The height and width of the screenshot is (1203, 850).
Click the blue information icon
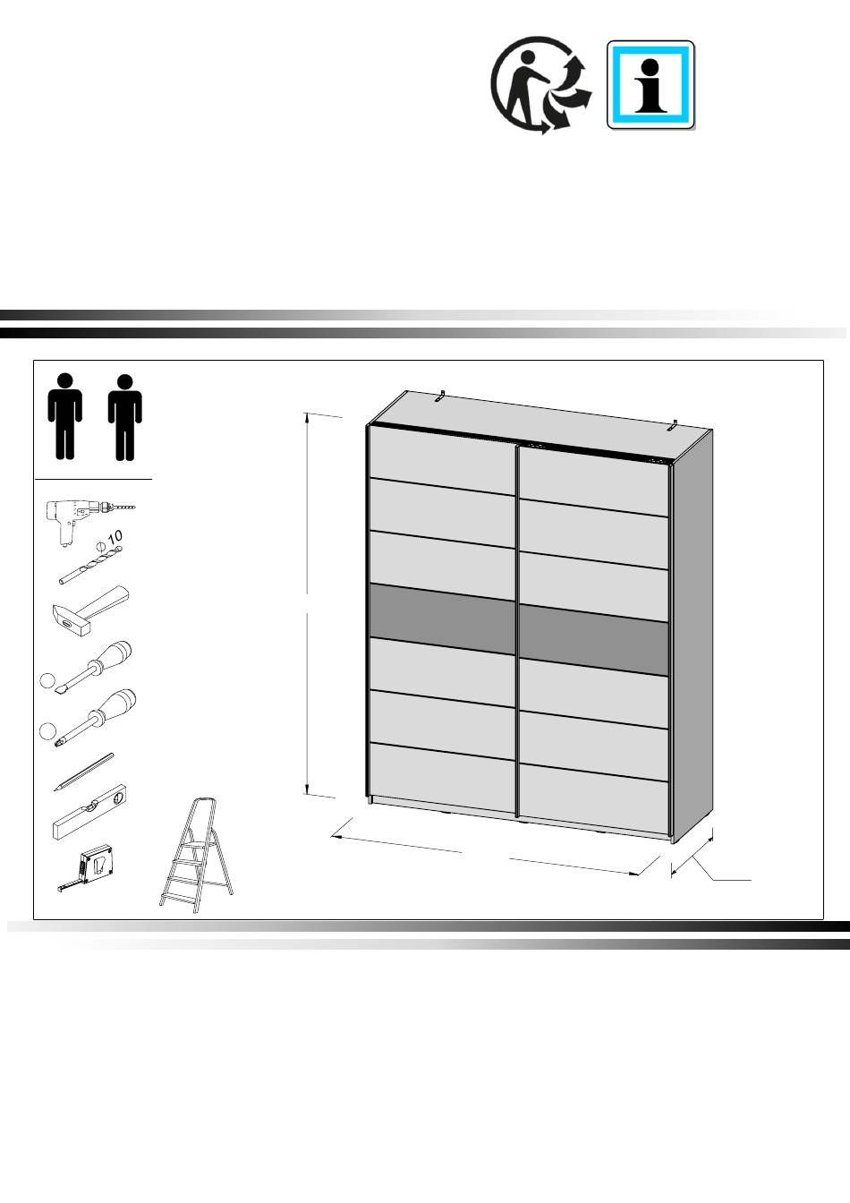tap(650, 85)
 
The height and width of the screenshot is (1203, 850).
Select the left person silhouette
tap(65, 417)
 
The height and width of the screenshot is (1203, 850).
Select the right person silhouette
tap(125, 417)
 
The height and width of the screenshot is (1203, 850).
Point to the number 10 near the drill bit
tap(115, 537)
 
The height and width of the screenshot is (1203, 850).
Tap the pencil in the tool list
tap(84, 772)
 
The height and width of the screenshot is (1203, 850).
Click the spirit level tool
tap(90, 812)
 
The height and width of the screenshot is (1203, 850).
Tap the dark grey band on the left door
tap(441, 619)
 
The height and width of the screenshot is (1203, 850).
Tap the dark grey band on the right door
tap(594, 640)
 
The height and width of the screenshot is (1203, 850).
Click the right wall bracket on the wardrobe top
tap(674, 425)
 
